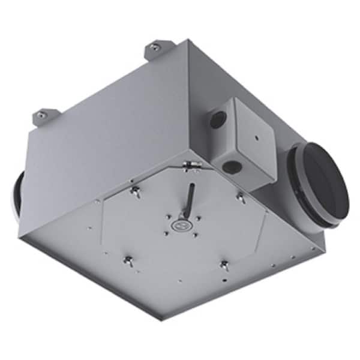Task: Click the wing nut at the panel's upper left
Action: point(136,192)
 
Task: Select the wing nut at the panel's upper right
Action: point(240,196)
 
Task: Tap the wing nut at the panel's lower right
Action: point(224,264)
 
